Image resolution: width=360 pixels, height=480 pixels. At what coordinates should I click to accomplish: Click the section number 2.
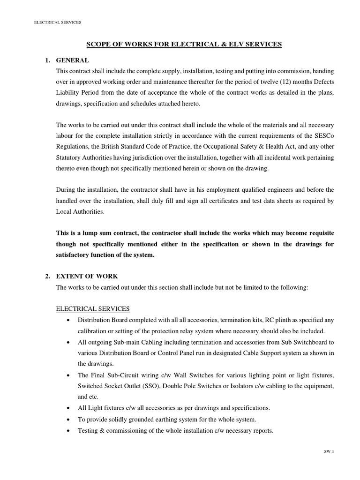(48, 276)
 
